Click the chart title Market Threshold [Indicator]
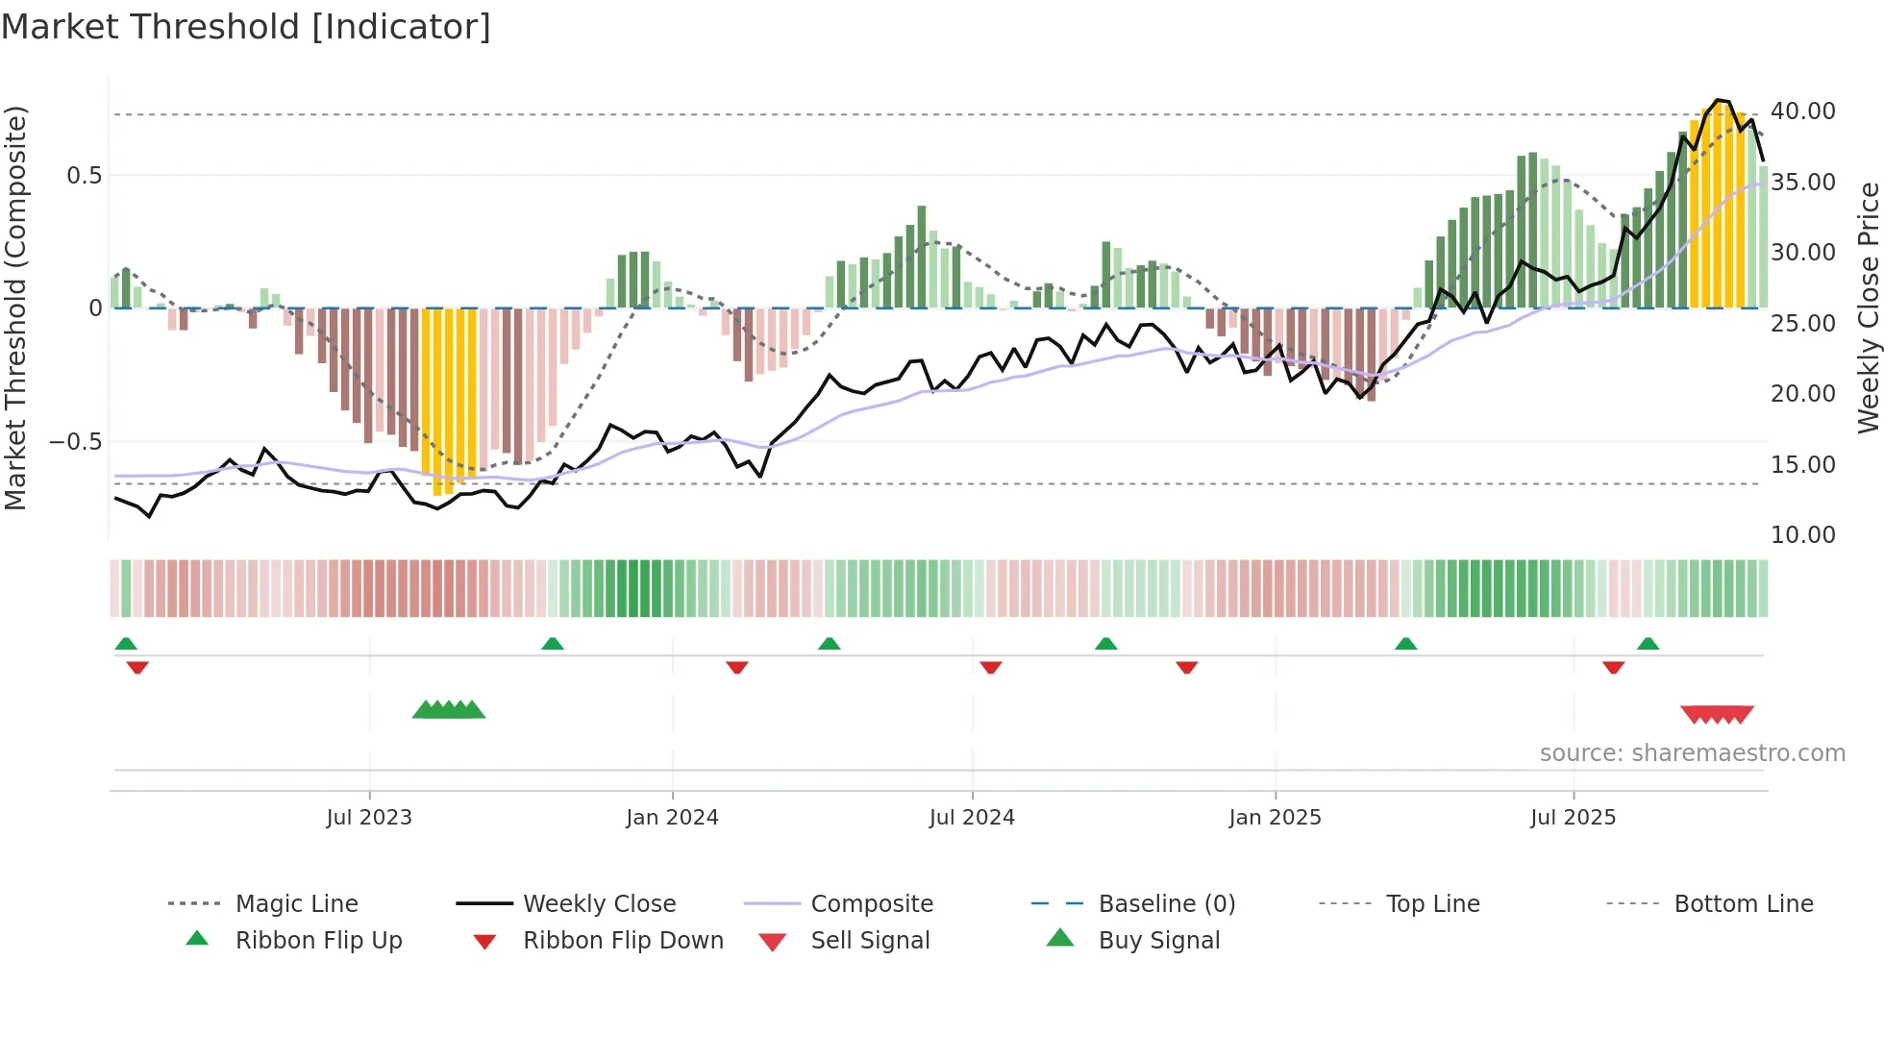click(x=246, y=27)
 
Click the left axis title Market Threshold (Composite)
click(x=15, y=308)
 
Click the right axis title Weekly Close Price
click(x=1868, y=308)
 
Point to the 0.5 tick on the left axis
click(x=84, y=175)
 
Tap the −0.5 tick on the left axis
click(x=76, y=442)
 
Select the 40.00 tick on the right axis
click(x=1802, y=111)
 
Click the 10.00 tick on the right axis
click(x=1802, y=535)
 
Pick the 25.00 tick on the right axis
click(x=1802, y=324)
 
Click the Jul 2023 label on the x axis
click(x=369, y=818)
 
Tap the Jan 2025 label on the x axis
click(x=1275, y=818)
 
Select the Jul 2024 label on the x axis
click(x=972, y=818)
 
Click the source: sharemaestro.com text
click(x=1692, y=753)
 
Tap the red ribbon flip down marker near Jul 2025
click(x=1613, y=667)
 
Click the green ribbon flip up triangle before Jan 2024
click(x=552, y=644)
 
